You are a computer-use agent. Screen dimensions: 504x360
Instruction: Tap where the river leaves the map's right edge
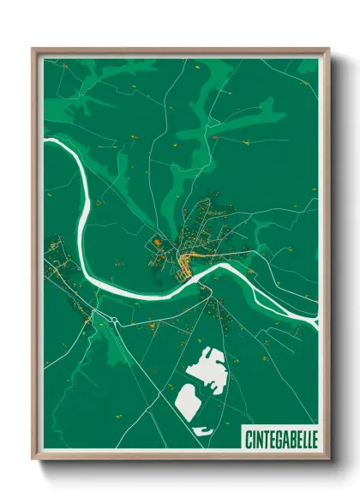point(316,321)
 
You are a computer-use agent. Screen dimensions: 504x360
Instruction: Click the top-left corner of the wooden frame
point(33,48)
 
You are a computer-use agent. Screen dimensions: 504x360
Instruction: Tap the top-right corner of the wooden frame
point(329,48)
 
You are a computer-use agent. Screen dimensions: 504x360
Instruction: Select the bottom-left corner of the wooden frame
point(33,461)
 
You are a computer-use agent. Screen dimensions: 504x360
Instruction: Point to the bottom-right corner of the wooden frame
point(329,461)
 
